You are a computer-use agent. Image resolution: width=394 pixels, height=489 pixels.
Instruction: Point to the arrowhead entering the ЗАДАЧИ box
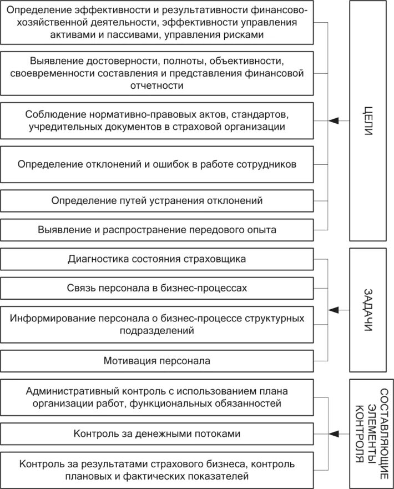click(333, 310)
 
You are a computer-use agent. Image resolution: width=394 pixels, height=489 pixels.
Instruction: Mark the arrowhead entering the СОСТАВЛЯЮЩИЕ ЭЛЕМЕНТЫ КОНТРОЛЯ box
click(333, 433)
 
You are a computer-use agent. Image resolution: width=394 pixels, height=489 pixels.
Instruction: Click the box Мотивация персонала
click(157, 361)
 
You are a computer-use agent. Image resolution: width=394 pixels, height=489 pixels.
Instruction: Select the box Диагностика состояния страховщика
click(157, 259)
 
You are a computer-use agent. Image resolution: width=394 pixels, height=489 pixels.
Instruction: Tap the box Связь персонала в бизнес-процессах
click(157, 289)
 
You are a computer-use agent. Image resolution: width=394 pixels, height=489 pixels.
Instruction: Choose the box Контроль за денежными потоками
click(157, 433)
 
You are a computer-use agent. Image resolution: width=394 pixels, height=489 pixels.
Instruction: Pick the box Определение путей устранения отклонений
click(157, 200)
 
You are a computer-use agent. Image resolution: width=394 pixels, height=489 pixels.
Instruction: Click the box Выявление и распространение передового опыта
click(157, 229)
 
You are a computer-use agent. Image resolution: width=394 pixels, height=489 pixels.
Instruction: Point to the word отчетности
click(157, 85)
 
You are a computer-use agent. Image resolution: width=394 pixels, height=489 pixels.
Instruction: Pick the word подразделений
click(157, 331)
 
